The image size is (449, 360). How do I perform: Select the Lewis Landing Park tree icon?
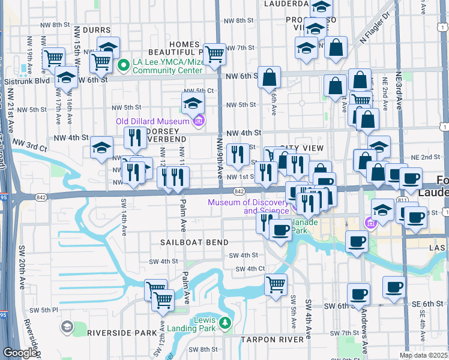coord(225,324)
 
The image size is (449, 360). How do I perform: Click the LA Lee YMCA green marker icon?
coord(124,65)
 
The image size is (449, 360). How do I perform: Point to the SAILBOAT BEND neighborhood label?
coord(194,242)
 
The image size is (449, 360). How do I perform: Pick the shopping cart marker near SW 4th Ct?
coord(276,284)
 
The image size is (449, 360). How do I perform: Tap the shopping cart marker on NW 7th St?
coord(214,54)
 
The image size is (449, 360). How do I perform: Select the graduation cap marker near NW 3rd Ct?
coord(102,147)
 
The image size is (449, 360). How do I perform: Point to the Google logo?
coord(20,353)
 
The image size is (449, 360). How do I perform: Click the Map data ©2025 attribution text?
coord(423,355)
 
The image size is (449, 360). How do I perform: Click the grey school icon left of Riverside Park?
coord(67,328)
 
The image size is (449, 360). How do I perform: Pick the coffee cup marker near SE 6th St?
coord(394,287)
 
